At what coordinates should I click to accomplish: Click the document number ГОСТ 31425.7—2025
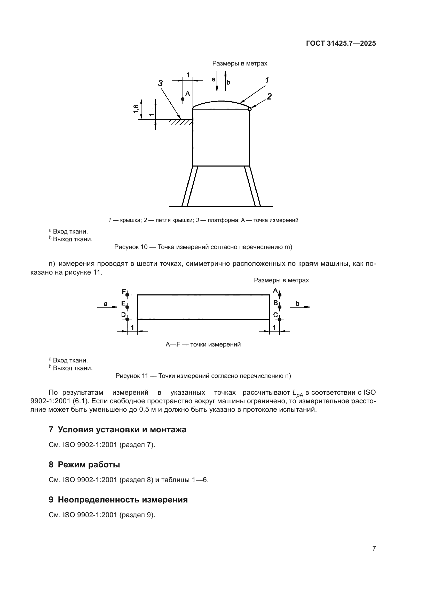coord(341,43)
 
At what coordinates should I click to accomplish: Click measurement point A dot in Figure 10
coord(183,99)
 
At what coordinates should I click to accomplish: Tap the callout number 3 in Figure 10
coord(160,83)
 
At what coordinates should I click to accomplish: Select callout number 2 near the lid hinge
coord(269,97)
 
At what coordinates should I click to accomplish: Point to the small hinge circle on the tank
coord(250,109)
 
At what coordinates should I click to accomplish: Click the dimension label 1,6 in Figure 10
coord(136,109)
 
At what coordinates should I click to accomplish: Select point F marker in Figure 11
coord(127,295)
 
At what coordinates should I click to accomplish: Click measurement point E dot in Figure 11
coord(127,307)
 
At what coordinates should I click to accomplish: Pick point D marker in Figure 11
coord(127,319)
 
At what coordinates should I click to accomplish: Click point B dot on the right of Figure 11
coord(280,307)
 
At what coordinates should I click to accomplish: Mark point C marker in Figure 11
coord(280,319)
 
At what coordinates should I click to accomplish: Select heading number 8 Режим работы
coord(84,465)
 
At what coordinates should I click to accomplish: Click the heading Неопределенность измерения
coord(123,500)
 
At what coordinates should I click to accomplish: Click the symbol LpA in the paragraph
coord(298,393)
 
